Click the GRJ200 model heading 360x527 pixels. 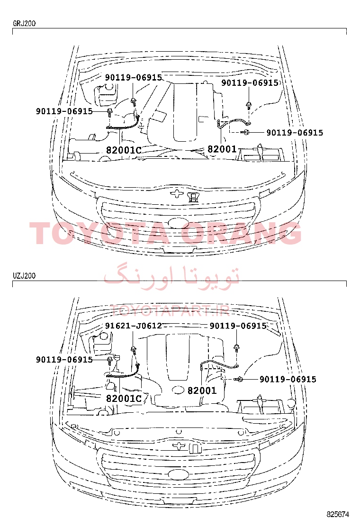pyautogui.click(x=24, y=24)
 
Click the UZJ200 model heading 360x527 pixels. pyautogui.click(x=24, y=276)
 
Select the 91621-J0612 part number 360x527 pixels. pyautogui.click(x=133, y=326)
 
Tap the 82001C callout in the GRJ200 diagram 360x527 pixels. pyautogui.click(x=124, y=150)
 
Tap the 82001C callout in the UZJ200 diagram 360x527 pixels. pyautogui.click(x=124, y=398)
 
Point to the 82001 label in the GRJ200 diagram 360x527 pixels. pyautogui.click(x=222, y=148)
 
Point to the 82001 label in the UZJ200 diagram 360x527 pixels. pyautogui.click(x=202, y=390)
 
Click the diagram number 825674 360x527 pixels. pyautogui.click(x=338, y=514)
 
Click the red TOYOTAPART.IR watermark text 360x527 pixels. pyautogui.click(x=170, y=311)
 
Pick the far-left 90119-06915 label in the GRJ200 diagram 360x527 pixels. pyautogui.click(x=64, y=111)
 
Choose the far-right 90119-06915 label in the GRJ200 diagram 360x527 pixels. pyautogui.click(x=295, y=133)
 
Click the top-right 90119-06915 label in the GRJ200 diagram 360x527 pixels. pyautogui.click(x=250, y=82)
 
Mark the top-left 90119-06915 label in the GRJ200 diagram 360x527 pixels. pyautogui.click(x=133, y=77)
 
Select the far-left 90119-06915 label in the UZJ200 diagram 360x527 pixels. pyautogui.click(x=64, y=360)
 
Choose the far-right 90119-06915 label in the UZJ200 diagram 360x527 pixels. pyautogui.click(x=288, y=380)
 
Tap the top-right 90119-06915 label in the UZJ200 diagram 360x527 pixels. pyautogui.click(x=238, y=326)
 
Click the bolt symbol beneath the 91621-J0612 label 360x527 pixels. pyautogui.click(x=134, y=350)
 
